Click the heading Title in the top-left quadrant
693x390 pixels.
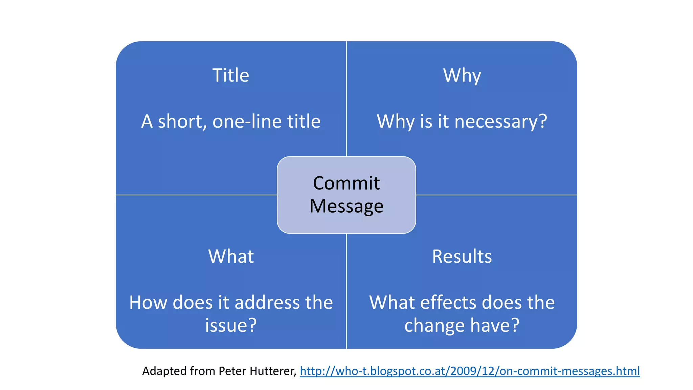tap(231, 75)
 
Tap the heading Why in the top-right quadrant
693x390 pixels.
tap(462, 76)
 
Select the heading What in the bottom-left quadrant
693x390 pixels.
tap(231, 256)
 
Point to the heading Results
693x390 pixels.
tap(462, 256)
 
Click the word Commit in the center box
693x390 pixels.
tap(346, 183)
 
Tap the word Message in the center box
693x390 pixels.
tap(346, 206)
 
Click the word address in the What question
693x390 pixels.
tap(267, 302)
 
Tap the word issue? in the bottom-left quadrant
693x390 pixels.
tap(231, 325)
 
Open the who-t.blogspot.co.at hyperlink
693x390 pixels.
tap(470, 371)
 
